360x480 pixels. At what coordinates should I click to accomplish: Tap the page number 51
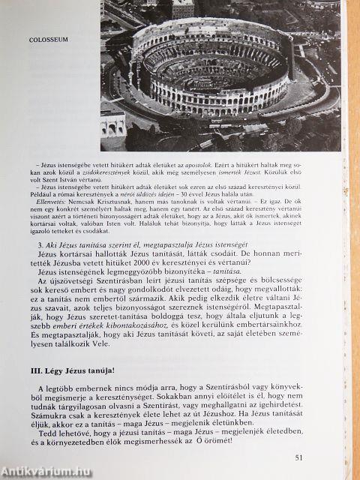(300, 457)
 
